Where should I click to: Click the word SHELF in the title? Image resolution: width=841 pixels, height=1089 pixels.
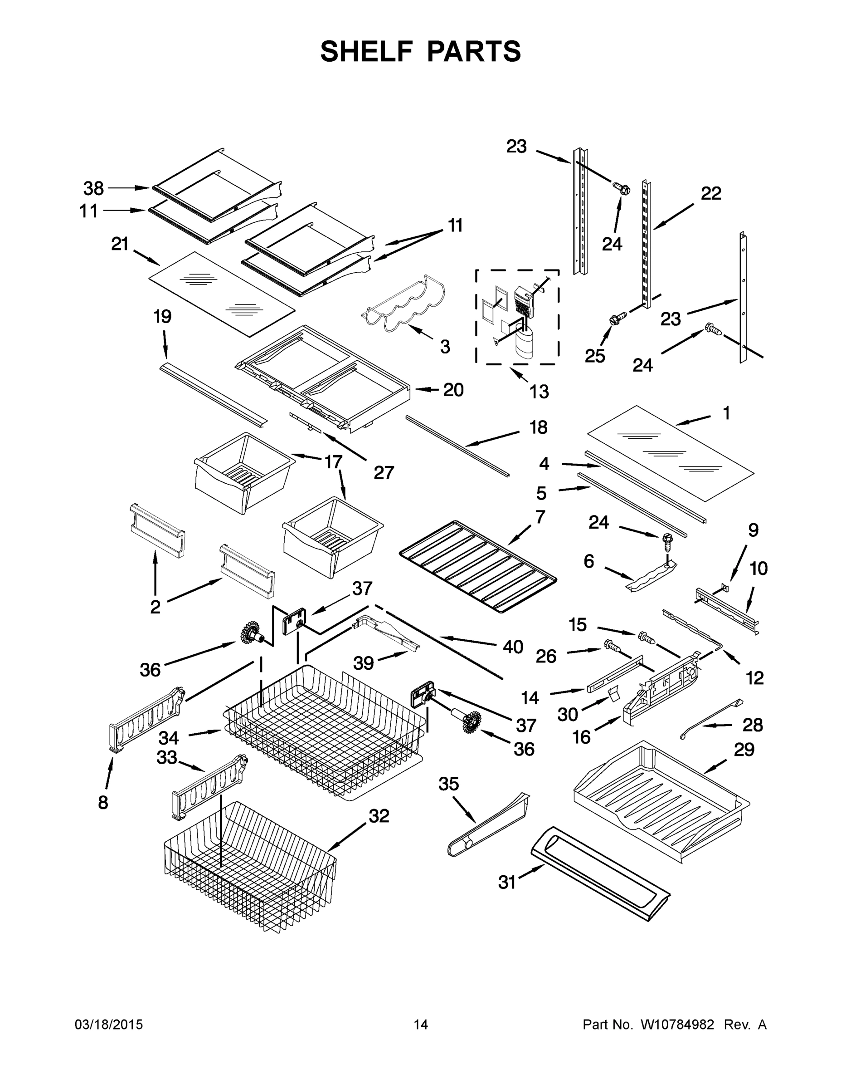pos(367,51)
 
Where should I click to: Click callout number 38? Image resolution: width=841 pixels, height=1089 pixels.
pos(93,188)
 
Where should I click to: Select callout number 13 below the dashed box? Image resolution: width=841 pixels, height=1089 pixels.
pos(539,392)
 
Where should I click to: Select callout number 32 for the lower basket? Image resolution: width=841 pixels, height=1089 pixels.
pos(379,816)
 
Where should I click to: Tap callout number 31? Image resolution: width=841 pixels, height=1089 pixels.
pos(507,882)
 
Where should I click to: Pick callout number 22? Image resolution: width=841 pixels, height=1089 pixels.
pos(711,193)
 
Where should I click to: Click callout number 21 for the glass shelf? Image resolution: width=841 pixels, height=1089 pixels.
pos(120,244)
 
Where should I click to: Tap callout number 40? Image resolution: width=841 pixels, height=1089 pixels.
pos(513,647)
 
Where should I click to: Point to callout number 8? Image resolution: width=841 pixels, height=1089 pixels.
pos(102,802)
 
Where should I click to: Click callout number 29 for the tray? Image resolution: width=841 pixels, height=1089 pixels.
pos(744,749)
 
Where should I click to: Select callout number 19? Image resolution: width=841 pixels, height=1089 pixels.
pos(162,316)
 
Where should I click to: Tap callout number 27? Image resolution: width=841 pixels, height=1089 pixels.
pos(384,472)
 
